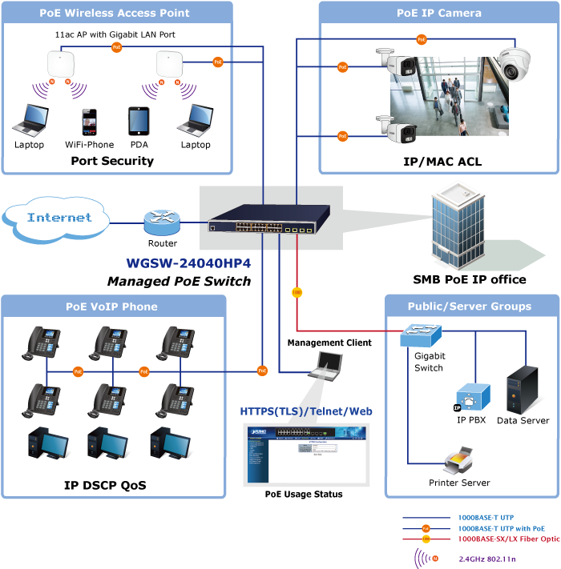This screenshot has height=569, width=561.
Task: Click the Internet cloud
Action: point(58,218)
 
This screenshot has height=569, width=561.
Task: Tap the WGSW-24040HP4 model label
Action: point(188,263)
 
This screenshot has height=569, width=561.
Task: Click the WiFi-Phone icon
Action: point(89,122)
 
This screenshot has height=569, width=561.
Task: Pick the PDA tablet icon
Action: point(139,122)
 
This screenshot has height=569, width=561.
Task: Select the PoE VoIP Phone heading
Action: point(111,307)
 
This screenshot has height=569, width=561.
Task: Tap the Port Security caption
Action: point(112,161)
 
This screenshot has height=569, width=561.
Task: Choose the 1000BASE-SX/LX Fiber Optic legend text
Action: point(508,539)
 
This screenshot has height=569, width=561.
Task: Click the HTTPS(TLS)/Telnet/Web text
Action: point(306,411)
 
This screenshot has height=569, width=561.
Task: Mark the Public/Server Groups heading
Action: point(469,306)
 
